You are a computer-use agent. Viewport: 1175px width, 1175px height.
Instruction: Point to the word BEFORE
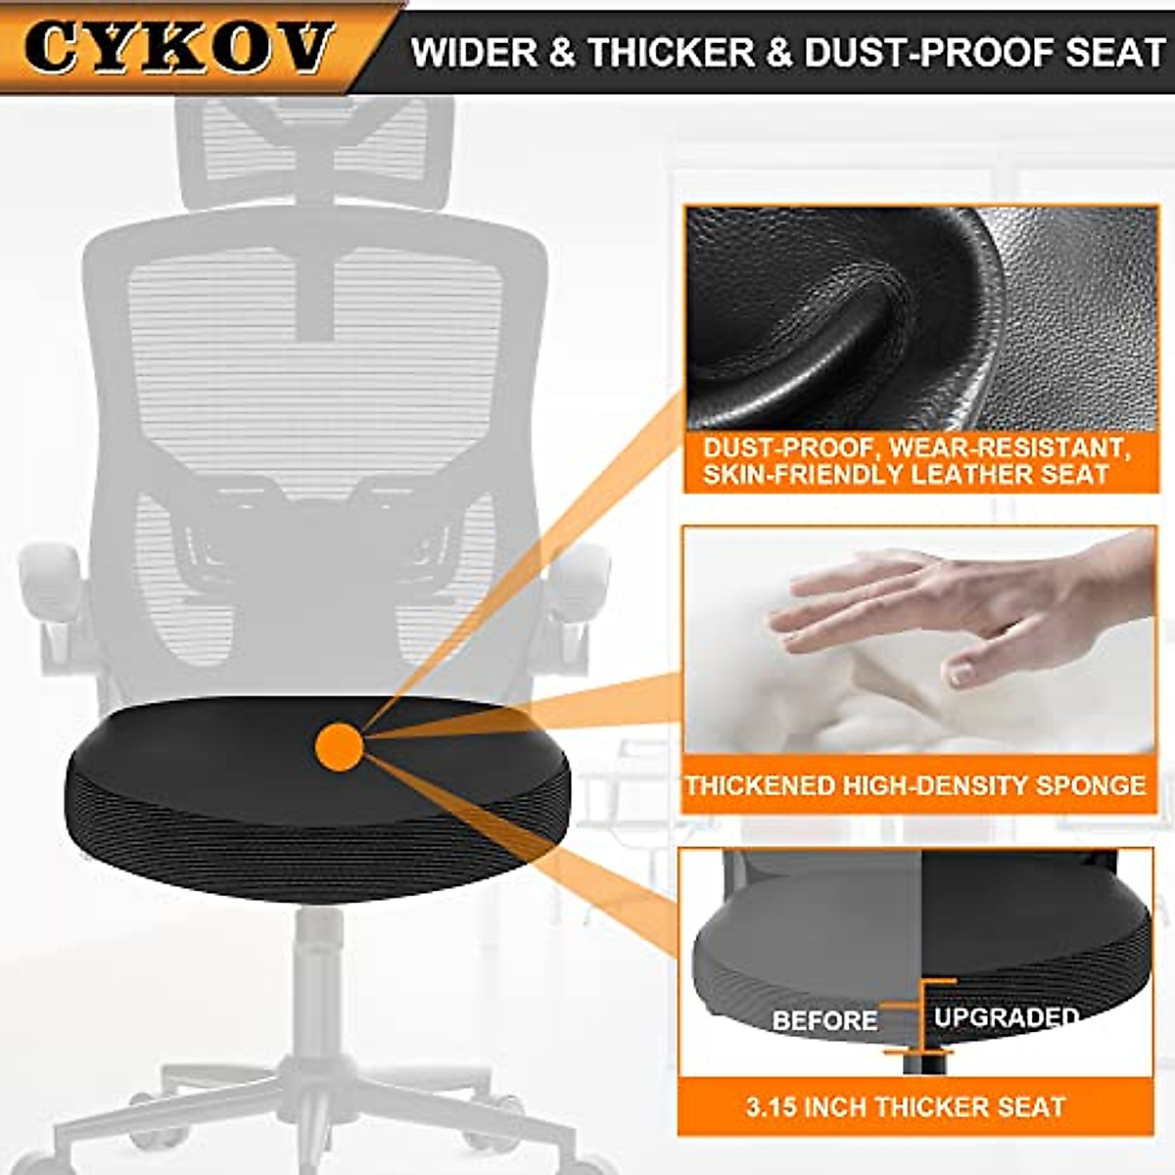coord(824,1020)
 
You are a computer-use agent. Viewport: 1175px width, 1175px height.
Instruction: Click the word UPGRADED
coord(1006,1017)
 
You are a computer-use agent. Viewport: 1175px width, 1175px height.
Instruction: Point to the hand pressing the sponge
coord(940,607)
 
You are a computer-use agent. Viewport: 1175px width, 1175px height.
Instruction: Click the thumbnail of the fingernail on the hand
coord(959,674)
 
